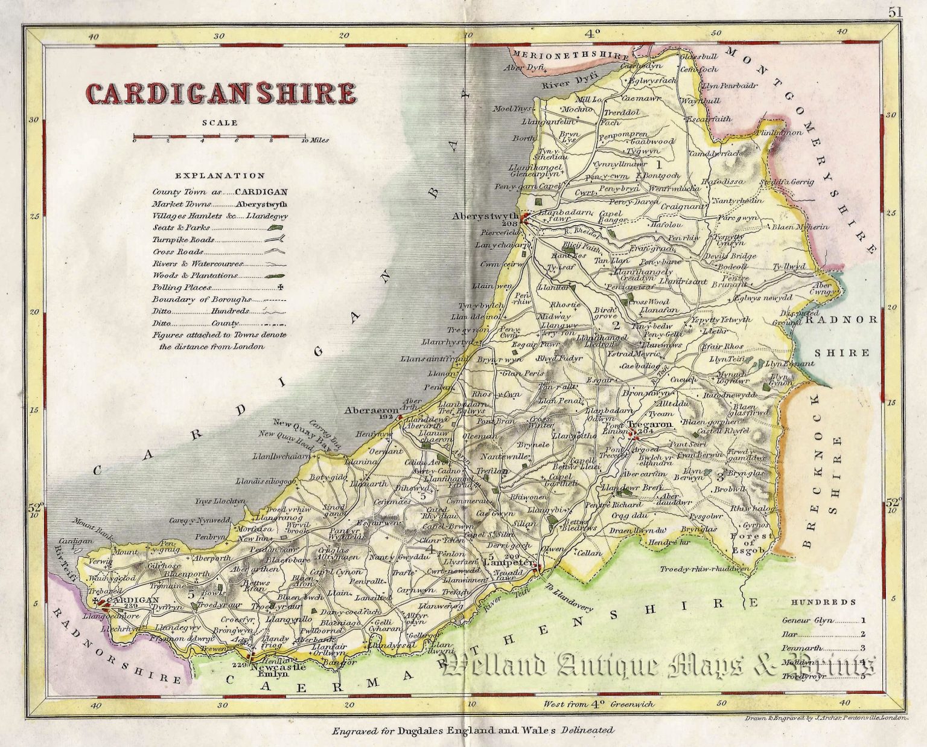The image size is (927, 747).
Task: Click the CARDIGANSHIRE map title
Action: tap(221, 94)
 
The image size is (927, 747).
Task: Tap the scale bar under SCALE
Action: tap(220, 138)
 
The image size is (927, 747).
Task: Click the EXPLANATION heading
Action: tap(220, 176)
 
